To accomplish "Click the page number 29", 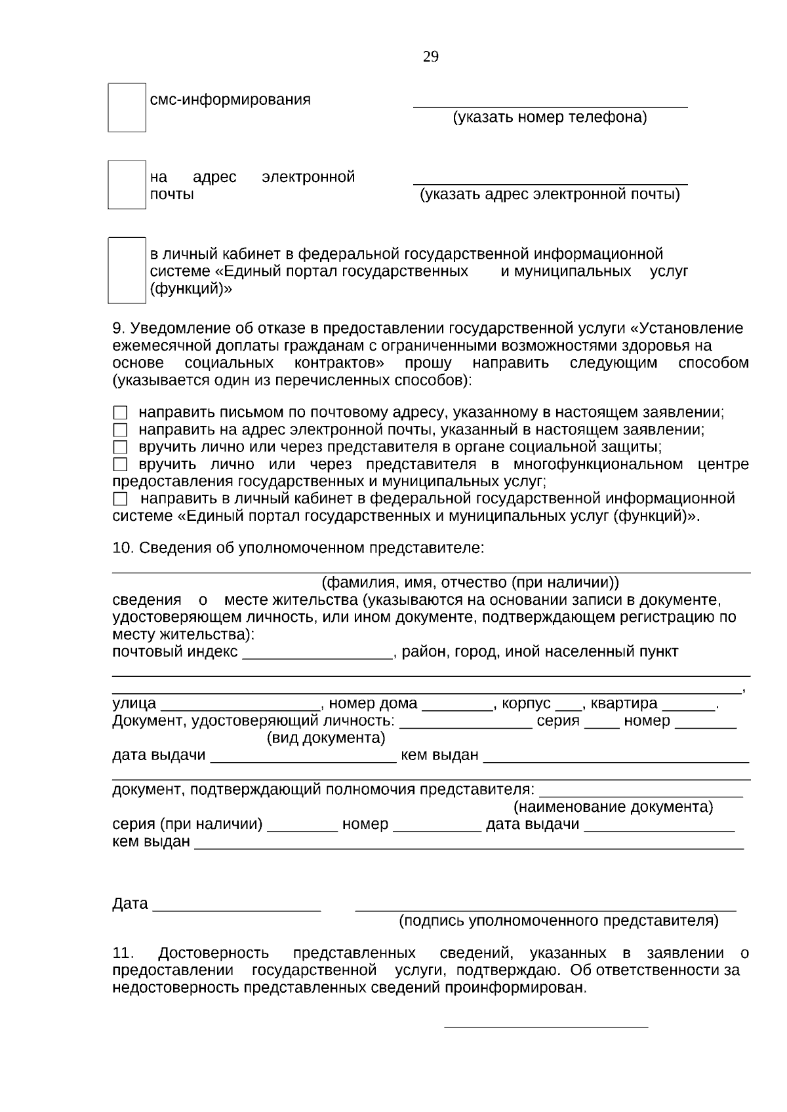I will coord(431,57).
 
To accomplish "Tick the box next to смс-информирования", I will coord(127,107).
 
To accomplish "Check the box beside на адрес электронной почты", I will coord(127,184).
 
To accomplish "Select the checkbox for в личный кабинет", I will coord(127,270).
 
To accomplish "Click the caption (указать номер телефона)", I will coord(550,118).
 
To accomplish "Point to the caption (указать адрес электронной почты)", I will coord(550,195).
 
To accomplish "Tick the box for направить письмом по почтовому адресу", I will coord(120,413).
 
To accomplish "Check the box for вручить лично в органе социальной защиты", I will coord(120,448).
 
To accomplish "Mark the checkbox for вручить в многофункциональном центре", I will coord(120,465).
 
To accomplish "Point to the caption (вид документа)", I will coord(326,738).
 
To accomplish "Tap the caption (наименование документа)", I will coord(613,807).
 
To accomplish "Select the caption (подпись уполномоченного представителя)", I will coord(559,921).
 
